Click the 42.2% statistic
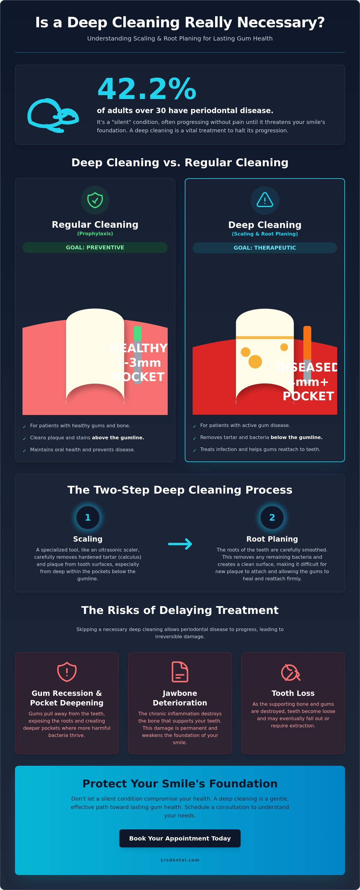(x=147, y=89)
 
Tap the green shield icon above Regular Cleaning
(x=95, y=200)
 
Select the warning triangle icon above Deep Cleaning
(x=265, y=200)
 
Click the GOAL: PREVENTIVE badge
(x=95, y=247)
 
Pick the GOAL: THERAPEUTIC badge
(x=265, y=248)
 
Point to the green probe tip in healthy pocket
(x=137, y=333)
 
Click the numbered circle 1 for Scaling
(x=88, y=518)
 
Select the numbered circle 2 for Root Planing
(x=272, y=518)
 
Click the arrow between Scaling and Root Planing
(x=180, y=544)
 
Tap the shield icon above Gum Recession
(x=67, y=672)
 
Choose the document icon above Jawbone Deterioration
(x=180, y=672)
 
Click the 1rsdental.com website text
(x=180, y=860)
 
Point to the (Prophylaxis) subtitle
(x=95, y=233)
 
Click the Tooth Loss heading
(x=293, y=693)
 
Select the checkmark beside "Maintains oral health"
(x=25, y=450)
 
